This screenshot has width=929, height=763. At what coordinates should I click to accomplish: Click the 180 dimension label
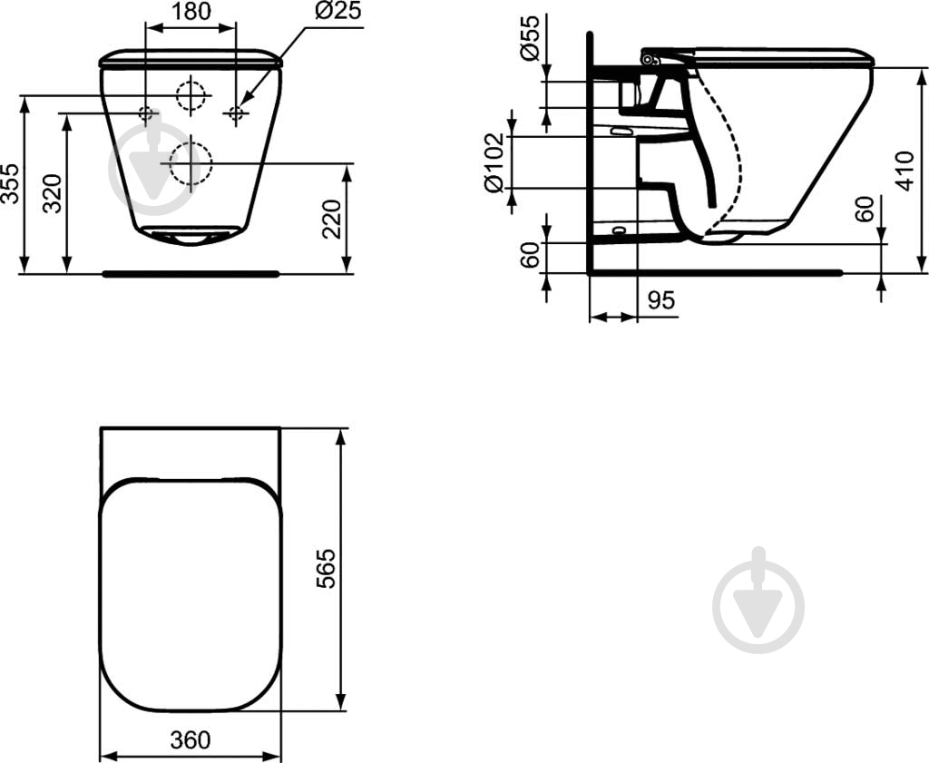191,11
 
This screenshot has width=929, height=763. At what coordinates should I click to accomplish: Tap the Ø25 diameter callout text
337,11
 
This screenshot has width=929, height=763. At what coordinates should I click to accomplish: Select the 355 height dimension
10,184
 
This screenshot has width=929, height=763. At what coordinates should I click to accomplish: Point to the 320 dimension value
52,194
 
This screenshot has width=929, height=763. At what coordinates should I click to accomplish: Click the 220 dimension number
332,220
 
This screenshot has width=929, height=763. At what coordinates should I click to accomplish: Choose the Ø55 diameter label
530,38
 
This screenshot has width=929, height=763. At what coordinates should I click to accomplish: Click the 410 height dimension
905,171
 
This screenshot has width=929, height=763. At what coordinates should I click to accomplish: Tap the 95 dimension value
661,300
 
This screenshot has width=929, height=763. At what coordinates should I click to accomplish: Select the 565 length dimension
326,569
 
